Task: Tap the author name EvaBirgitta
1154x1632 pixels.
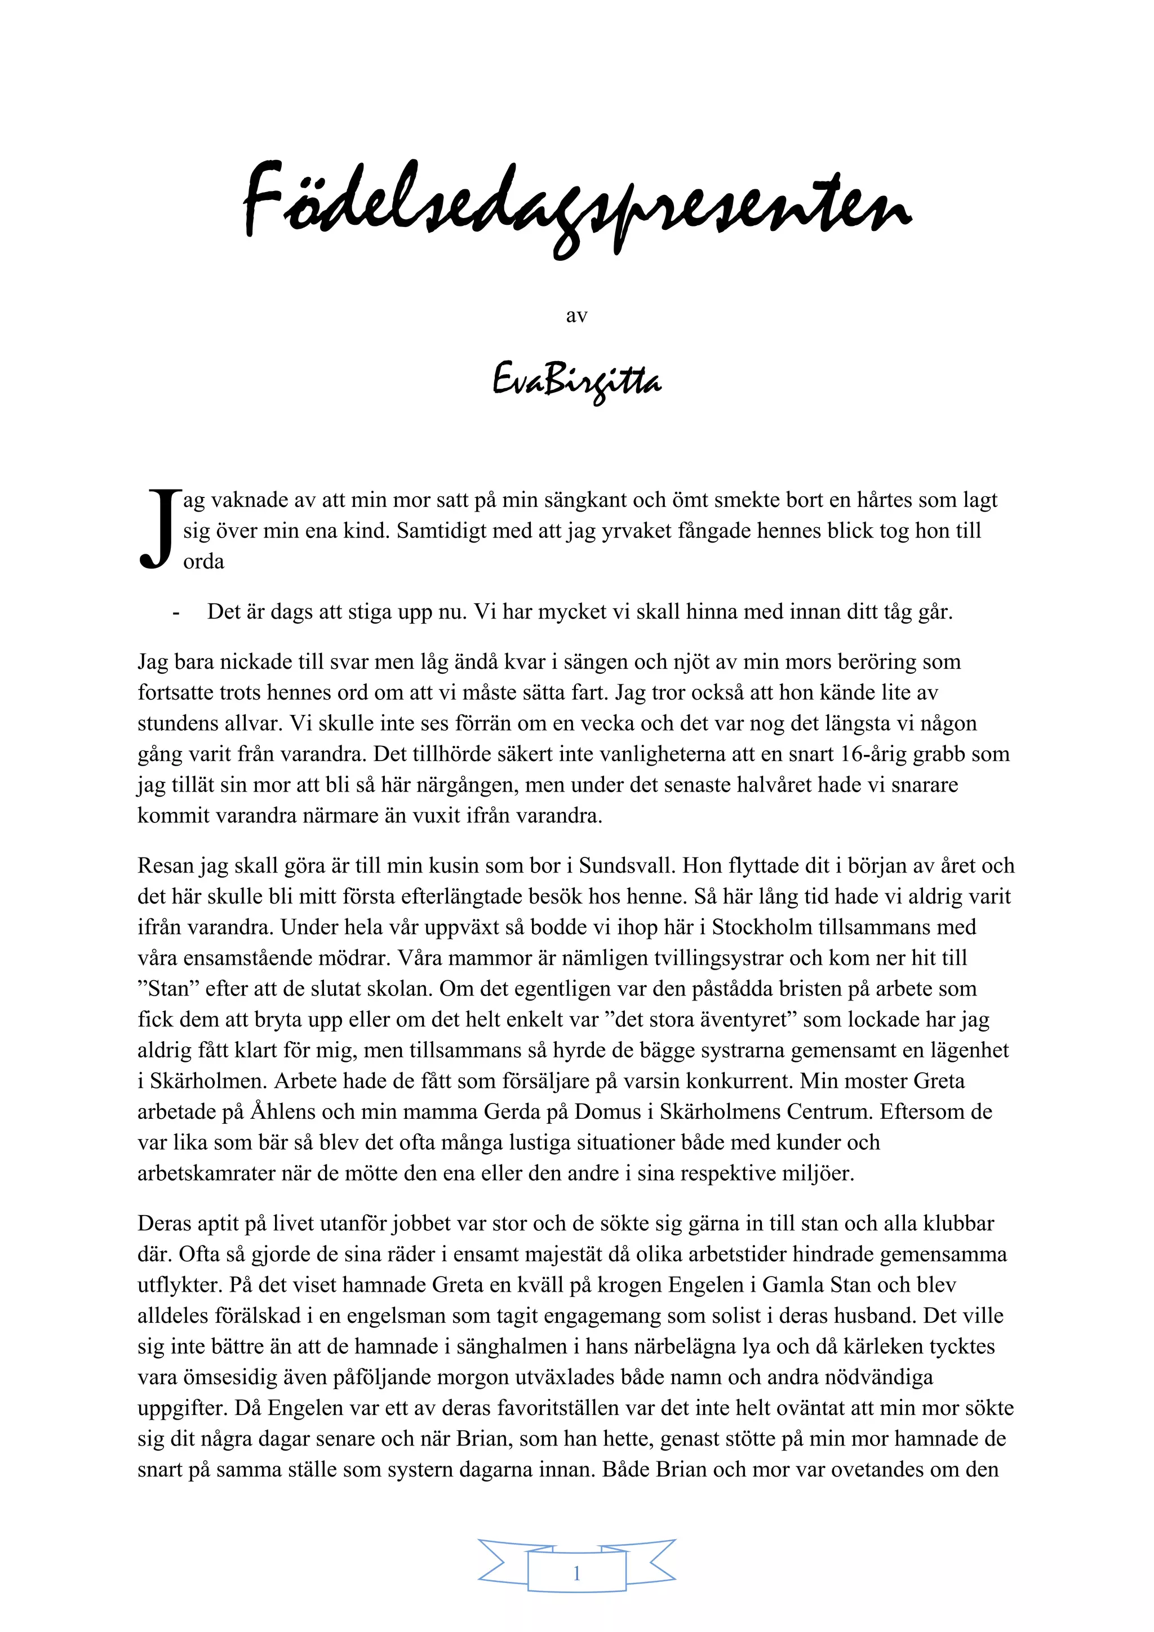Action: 576,382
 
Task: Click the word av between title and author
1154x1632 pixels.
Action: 576,315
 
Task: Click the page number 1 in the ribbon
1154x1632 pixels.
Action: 576,1572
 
